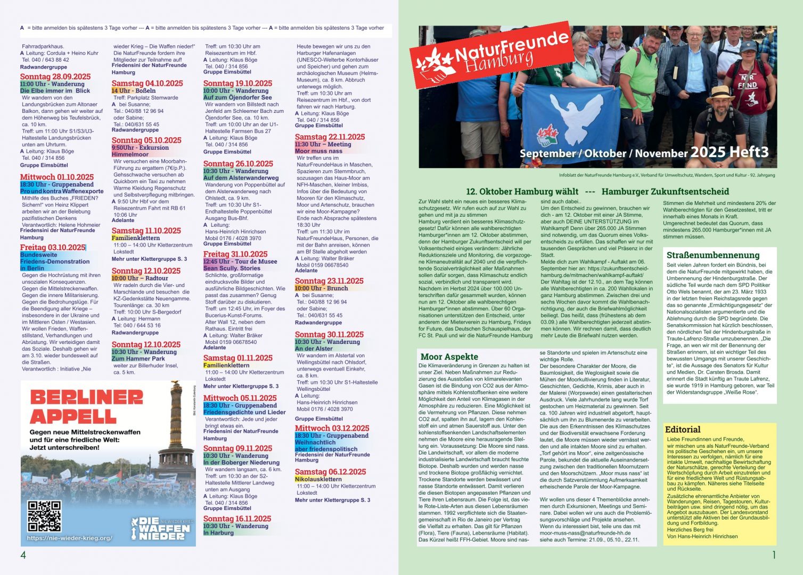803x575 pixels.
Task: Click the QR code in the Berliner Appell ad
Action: pyautogui.click(x=44, y=515)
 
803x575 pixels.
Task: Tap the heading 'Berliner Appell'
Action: pyautogui.click(x=87, y=407)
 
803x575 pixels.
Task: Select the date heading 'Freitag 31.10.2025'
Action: pyautogui.click(x=235, y=254)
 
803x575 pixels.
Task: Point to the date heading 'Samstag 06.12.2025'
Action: pyautogui.click(x=330, y=472)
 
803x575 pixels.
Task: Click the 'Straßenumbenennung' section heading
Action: pyautogui.click(x=712, y=255)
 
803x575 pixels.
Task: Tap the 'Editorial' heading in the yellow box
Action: pyautogui.click(x=683, y=429)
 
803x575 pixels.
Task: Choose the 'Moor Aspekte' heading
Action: pyautogui.click(x=449, y=357)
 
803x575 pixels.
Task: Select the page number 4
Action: pyautogui.click(x=23, y=555)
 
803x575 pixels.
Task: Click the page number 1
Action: pyautogui.click(x=774, y=555)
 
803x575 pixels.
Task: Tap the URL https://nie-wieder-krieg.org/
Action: pyautogui.click(x=69, y=538)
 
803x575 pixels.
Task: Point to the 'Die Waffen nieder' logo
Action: pyautogui.click(x=160, y=528)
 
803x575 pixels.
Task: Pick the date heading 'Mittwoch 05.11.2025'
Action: pyautogui.click(x=240, y=398)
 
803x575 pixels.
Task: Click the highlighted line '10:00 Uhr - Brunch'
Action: pyautogui.click(x=321, y=288)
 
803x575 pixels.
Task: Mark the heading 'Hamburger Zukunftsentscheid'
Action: pyautogui.click(x=665, y=191)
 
